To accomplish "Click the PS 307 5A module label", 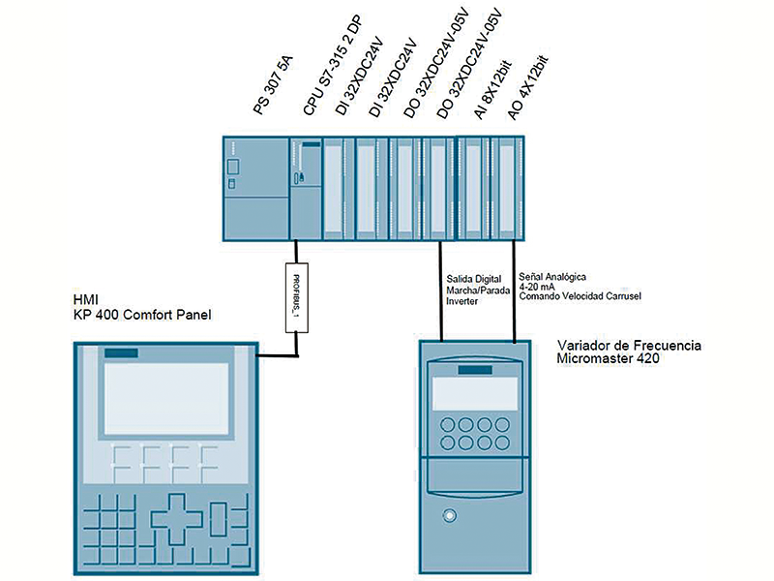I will pos(274,91).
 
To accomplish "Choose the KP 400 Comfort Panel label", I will pos(141,315).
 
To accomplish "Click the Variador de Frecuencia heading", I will pos(629,346).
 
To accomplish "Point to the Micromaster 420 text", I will pos(605,358).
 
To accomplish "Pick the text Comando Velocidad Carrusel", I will pos(580,295).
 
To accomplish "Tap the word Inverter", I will pos(461,300).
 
